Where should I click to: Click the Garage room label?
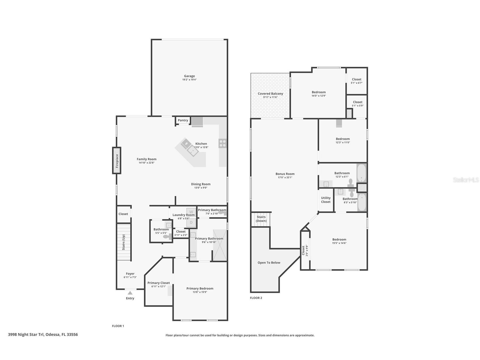190,76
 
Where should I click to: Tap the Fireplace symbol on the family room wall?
117,160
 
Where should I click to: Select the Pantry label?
183,120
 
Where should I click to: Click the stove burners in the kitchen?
222,143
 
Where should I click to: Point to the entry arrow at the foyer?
130,293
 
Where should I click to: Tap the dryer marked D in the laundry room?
191,222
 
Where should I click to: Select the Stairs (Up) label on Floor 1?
124,242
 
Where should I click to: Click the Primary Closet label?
159,283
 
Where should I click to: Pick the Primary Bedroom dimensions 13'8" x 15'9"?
200,292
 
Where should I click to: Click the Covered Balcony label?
270,94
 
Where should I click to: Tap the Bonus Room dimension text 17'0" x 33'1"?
285,177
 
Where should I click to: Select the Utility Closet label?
326,200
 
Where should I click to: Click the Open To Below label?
269,263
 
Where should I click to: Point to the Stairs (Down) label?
261,219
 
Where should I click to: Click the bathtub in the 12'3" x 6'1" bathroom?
361,173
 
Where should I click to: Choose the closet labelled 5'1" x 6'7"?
357,81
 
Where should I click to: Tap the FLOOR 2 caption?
256,298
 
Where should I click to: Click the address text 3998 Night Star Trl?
26,335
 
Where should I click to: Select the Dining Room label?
201,184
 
